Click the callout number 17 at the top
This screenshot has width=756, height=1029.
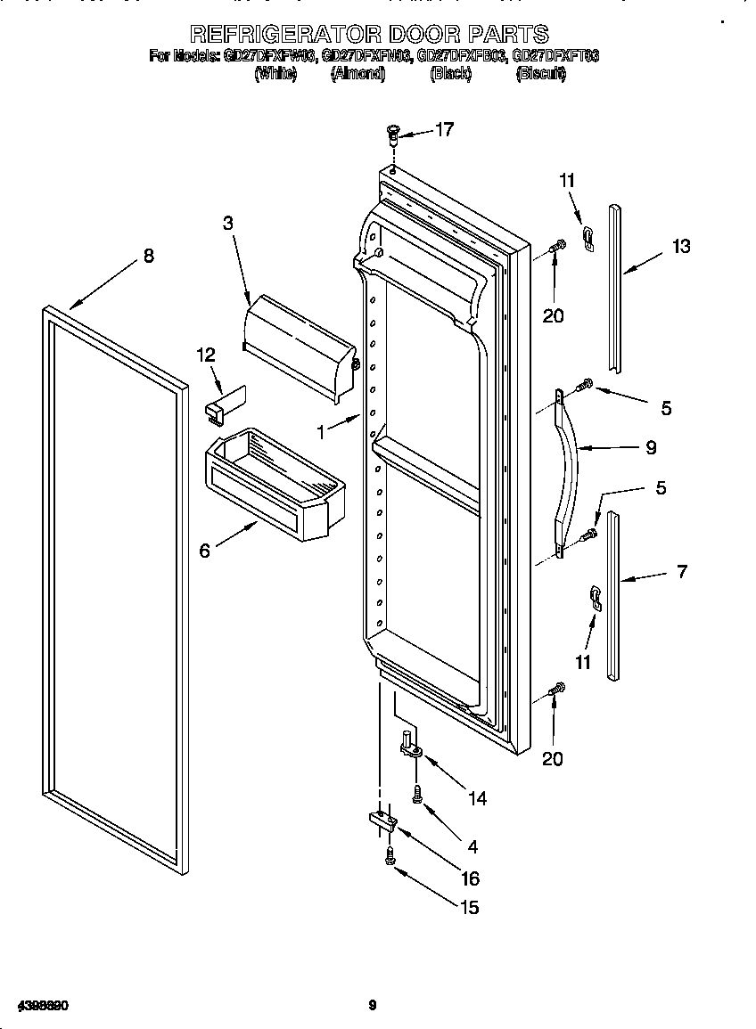click(444, 130)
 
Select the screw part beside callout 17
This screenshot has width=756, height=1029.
click(392, 135)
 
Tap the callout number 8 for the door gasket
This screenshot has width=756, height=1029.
click(148, 257)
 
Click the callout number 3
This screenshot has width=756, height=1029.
click(228, 223)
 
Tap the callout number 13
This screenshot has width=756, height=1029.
click(681, 247)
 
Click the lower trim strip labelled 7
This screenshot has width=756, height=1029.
click(612, 595)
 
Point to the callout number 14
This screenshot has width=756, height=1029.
click(478, 798)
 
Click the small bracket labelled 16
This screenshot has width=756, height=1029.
click(381, 821)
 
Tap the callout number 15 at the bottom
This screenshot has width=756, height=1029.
click(469, 907)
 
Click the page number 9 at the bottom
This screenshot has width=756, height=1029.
click(373, 1006)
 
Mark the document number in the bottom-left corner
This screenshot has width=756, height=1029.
click(42, 1006)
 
